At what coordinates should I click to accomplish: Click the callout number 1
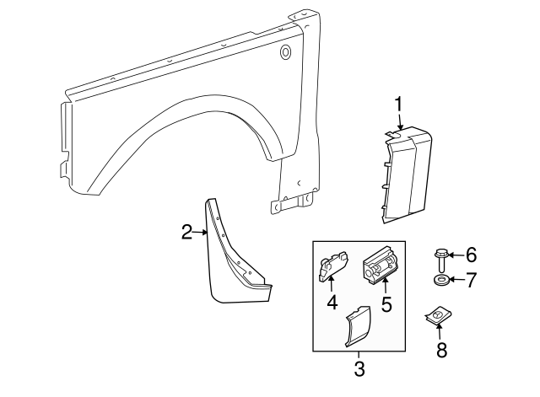[398, 104]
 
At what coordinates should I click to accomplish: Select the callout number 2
[187, 232]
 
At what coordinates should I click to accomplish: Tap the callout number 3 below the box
[359, 368]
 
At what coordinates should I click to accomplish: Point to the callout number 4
[332, 301]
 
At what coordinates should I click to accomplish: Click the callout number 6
[471, 254]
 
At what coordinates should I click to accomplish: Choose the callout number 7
[471, 278]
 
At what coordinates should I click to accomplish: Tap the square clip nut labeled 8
[435, 318]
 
